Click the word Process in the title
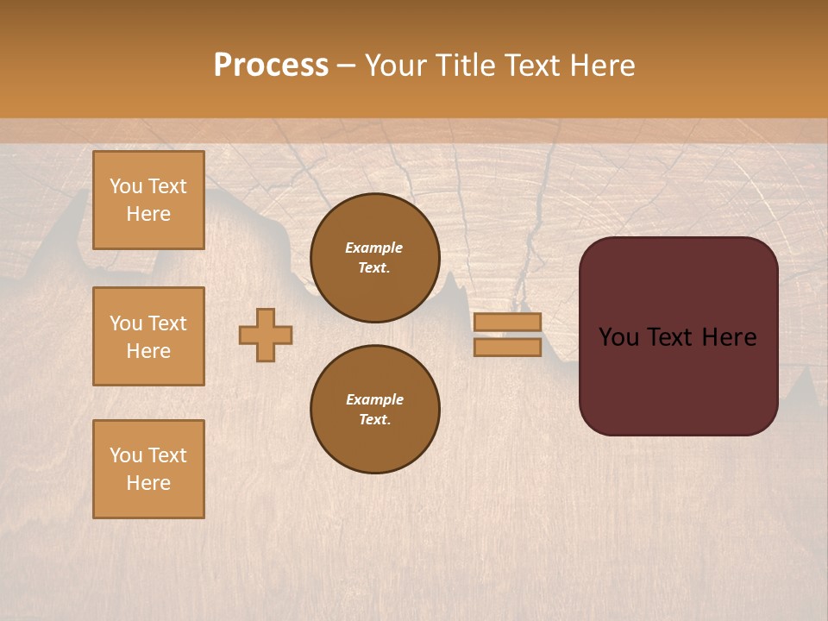271,66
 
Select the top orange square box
148,200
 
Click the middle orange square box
148,336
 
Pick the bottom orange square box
148,469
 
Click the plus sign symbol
266,335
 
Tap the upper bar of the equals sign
507,322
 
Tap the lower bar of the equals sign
507,347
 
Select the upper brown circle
375,258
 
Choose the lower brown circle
375,410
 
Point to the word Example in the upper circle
374,248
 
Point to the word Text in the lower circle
373,420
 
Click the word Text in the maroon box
669,337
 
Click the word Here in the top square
148,214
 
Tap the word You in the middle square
126,323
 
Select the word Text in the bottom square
166,455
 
